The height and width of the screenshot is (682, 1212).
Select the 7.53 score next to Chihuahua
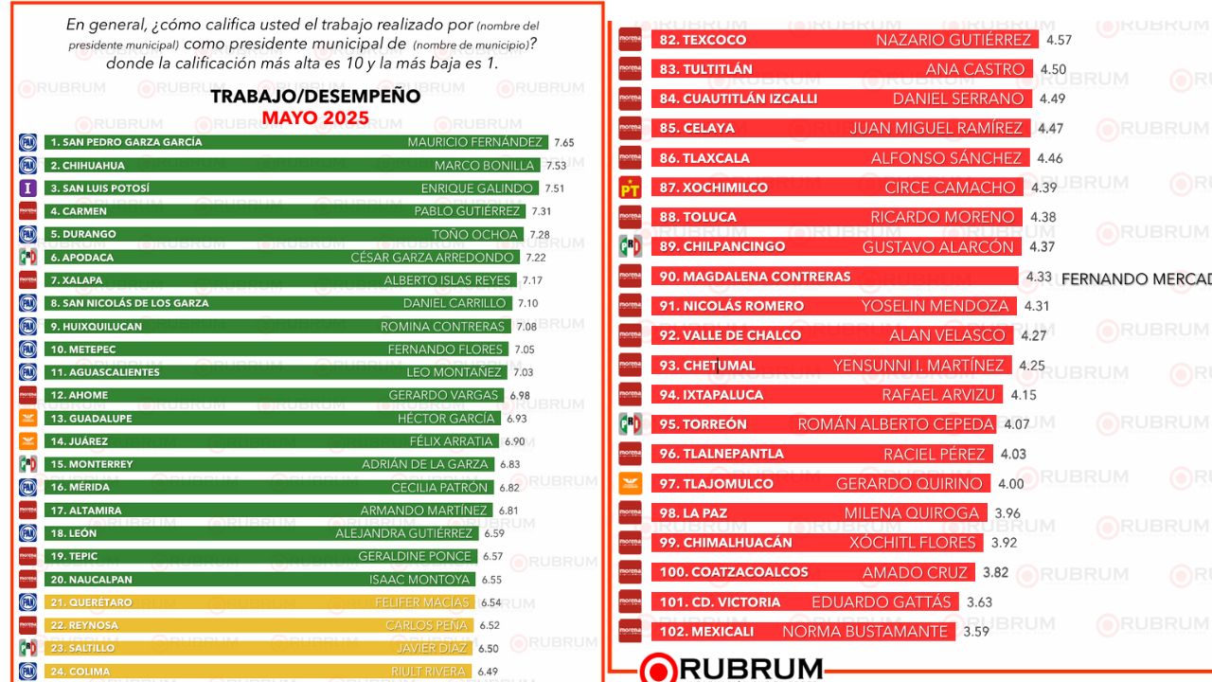[555, 166]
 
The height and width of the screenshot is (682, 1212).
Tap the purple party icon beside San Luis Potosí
[28, 188]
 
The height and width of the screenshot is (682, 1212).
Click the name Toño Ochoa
[482, 234]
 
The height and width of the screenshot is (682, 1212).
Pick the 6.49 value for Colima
[489, 672]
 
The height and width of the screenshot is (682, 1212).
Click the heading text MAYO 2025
[315, 118]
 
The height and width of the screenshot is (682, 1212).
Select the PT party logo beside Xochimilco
[630, 188]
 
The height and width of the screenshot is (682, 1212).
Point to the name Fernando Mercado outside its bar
[1136, 278]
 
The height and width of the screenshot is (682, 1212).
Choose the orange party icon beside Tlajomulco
[630, 483]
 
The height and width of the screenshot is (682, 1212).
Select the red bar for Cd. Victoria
[804, 601]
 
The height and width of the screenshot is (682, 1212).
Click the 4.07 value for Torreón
[1016, 424]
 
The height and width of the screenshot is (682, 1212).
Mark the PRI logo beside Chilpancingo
[630, 246]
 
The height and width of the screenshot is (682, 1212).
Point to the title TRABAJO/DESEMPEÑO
[315, 97]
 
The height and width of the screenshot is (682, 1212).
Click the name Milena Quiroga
[911, 513]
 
